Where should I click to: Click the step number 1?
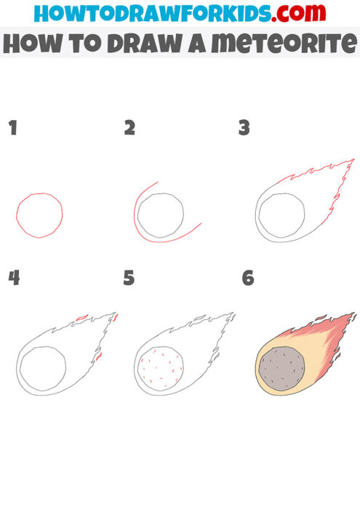[x=12, y=129]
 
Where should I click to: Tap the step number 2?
[x=129, y=129]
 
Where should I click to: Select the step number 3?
[x=244, y=129]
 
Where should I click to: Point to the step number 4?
[x=13, y=278]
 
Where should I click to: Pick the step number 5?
[x=129, y=278]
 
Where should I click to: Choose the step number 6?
[x=248, y=278]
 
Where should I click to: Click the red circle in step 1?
[x=39, y=215]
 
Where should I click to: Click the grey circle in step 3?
[x=281, y=216]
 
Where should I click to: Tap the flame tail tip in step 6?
[x=353, y=315]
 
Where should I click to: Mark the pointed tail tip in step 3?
[x=353, y=160]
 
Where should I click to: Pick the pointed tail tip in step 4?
[x=116, y=314]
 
